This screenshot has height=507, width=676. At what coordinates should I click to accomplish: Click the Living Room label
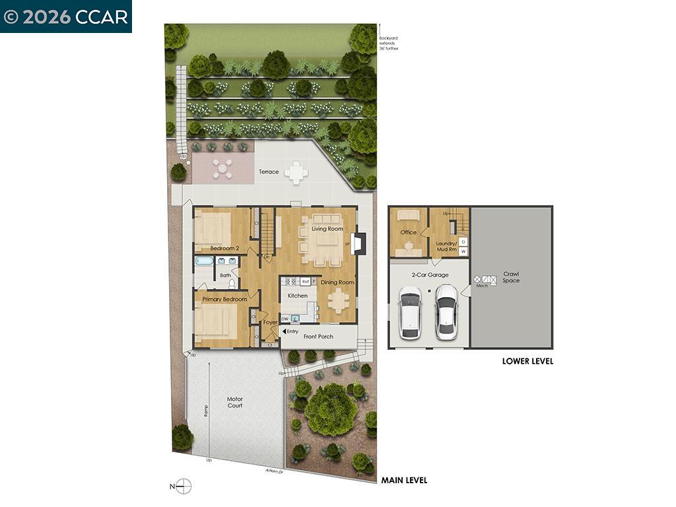(x=327, y=229)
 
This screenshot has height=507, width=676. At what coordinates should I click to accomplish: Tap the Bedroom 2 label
(x=224, y=248)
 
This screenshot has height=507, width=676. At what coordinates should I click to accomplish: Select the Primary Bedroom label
(x=224, y=299)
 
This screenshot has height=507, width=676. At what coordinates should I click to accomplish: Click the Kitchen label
(x=298, y=296)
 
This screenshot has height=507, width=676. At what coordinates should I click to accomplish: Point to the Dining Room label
(x=337, y=283)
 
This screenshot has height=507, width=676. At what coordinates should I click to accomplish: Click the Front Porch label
(x=318, y=337)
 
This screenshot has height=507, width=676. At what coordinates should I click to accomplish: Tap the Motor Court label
(x=235, y=402)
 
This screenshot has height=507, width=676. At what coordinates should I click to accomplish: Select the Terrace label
(x=269, y=172)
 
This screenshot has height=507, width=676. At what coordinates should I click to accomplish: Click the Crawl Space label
(x=511, y=277)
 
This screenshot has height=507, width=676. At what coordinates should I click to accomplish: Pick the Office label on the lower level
(x=409, y=232)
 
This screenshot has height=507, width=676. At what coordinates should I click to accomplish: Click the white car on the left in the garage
(x=410, y=312)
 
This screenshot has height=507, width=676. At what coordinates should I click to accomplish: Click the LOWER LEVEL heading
(x=527, y=361)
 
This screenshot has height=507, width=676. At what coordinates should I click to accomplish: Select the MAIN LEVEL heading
(x=404, y=480)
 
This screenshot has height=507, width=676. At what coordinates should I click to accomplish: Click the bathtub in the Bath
(x=203, y=261)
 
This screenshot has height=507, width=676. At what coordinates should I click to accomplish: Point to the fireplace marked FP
(x=357, y=244)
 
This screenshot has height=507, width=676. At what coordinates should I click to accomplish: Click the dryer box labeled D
(x=463, y=242)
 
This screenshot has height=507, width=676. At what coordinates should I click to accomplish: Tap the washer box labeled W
(x=463, y=252)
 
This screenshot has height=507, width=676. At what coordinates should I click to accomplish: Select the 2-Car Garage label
(x=430, y=275)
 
